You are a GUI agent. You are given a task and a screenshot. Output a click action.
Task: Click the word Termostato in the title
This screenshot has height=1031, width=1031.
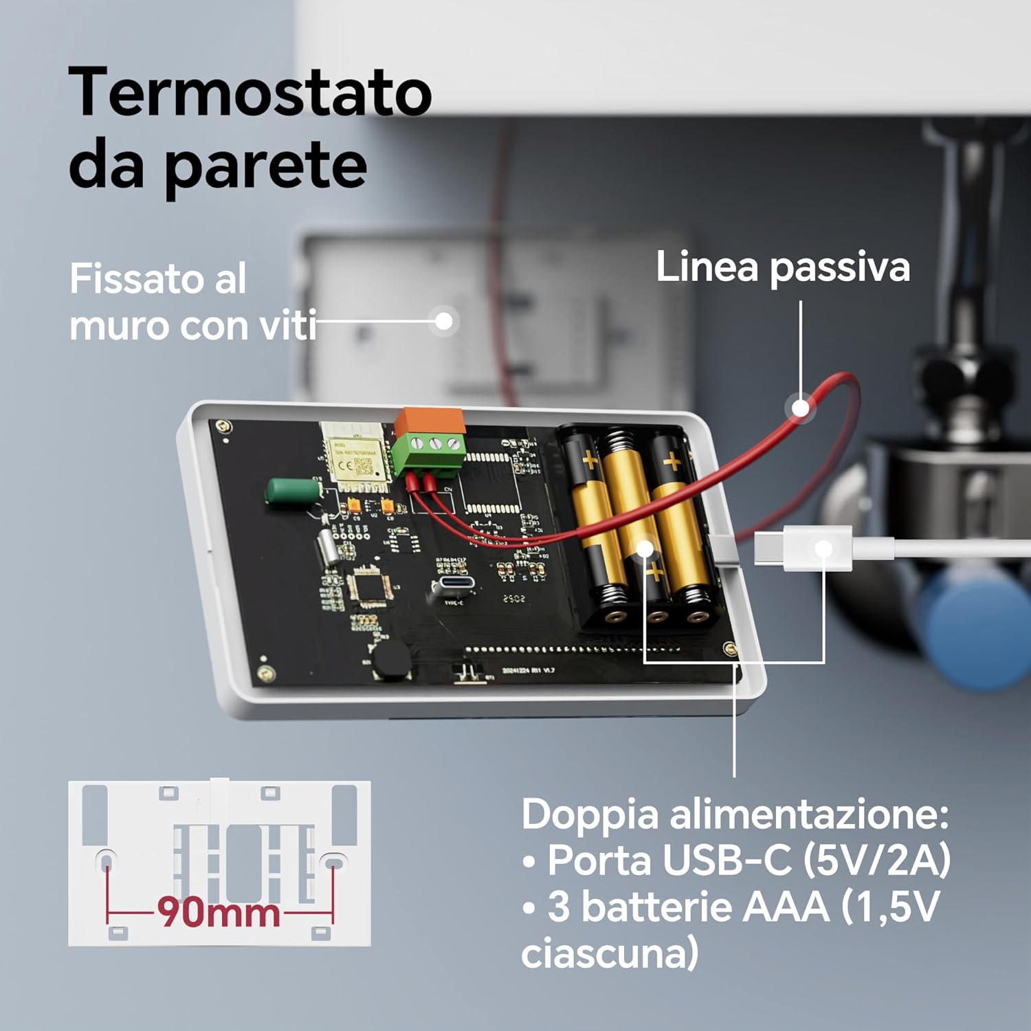pyautogui.click(x=250, y=93)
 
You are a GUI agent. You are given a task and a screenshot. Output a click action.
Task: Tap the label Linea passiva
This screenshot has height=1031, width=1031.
pyautogui.click(x=782, y=267)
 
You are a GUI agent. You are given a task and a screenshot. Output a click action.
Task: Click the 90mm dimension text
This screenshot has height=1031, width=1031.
pyautogui.click(x=219, y=913)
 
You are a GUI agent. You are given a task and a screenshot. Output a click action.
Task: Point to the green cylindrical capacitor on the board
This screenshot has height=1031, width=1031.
pyautogui.click(x=292, y=491)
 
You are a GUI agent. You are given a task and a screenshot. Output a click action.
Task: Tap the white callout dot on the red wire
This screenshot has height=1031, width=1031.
pyautogui.click(x=801, y=408)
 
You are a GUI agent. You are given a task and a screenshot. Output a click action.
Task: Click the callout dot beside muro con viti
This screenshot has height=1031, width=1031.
pyautogui.click(x=444, y=321)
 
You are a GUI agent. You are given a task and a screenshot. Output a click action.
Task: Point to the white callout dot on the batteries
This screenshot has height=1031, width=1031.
pyautogui.click(x=645, y=548)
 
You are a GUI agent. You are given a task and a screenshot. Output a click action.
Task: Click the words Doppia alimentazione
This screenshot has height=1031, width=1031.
pyautogui.click(x=734, y=814)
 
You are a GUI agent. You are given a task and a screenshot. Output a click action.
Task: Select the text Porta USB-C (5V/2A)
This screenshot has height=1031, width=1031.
pyautogui.click(x=748, y=860)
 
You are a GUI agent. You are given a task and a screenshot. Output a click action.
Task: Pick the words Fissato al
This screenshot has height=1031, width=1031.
pyautogui.click(x=157, y=279)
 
